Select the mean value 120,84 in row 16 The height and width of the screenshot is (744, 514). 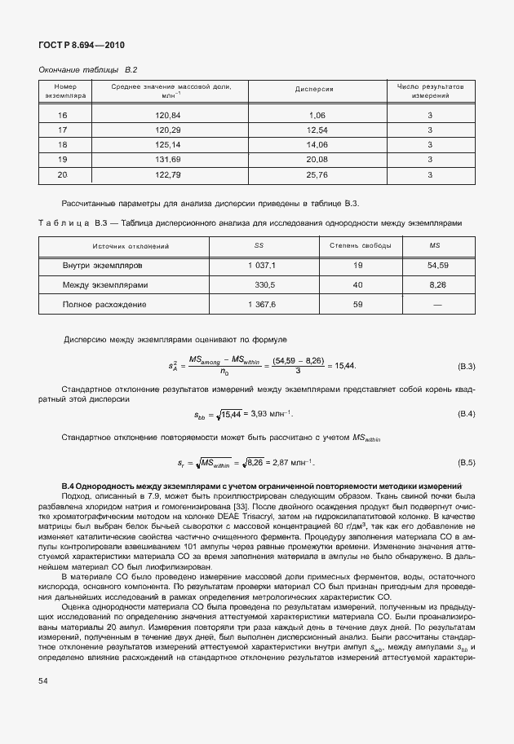click(x=167, y=116)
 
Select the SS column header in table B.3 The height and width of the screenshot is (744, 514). click(x=259, y=245)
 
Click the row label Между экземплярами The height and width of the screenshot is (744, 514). click(x=106, y=285)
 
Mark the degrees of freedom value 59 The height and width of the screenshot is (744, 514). click(x=357, y=304)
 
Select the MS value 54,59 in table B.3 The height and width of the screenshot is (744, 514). click(x=437, y=266)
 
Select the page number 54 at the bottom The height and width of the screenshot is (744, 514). click(x=42, y=702)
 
